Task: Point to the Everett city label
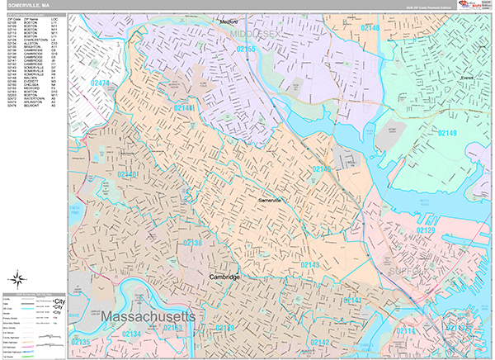pos(467,78)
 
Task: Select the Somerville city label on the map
pos(270,201)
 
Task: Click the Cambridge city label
pos(224,277)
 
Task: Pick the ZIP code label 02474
pos(100,83)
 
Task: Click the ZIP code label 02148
pos(370,28)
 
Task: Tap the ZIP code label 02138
pos(191,243)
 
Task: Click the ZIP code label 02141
pos(352,299)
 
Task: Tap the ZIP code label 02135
pos(81,342)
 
